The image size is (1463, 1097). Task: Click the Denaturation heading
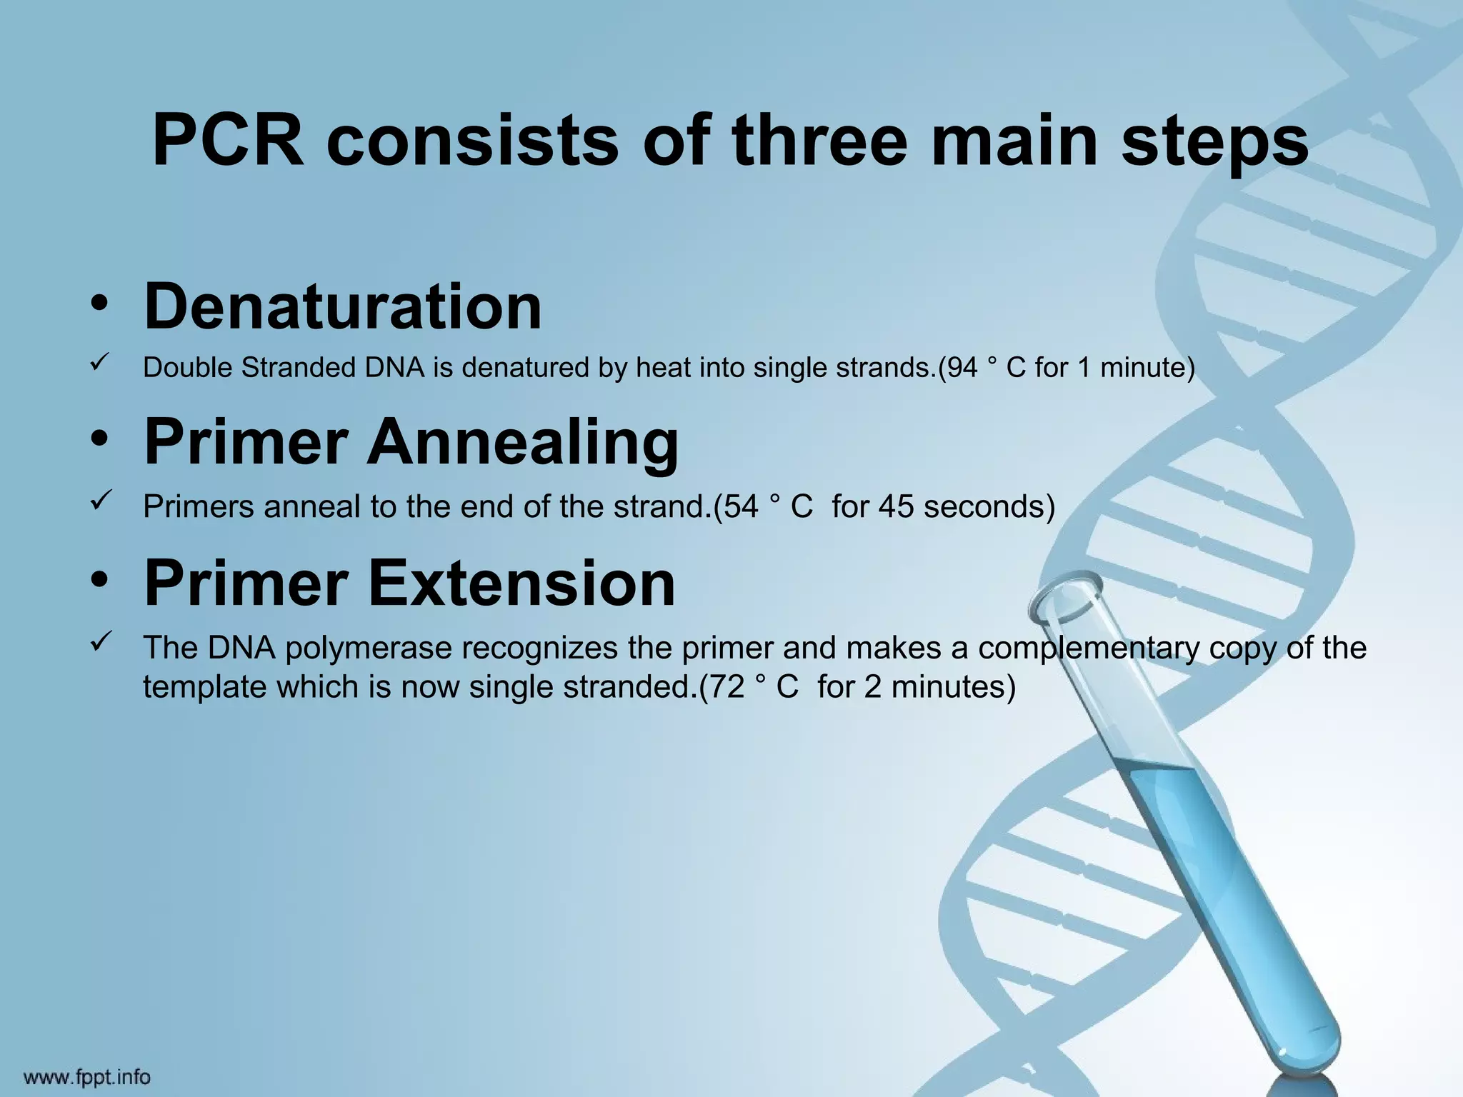tap(343, 306)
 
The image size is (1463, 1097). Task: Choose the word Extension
tap(521, 583)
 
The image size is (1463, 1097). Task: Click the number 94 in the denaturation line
tap(962, 368)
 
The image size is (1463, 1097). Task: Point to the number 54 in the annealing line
tap(741, 507)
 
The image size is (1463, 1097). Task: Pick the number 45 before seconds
tap(896, 507)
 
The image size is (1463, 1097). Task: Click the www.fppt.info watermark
tap(88, 1076)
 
